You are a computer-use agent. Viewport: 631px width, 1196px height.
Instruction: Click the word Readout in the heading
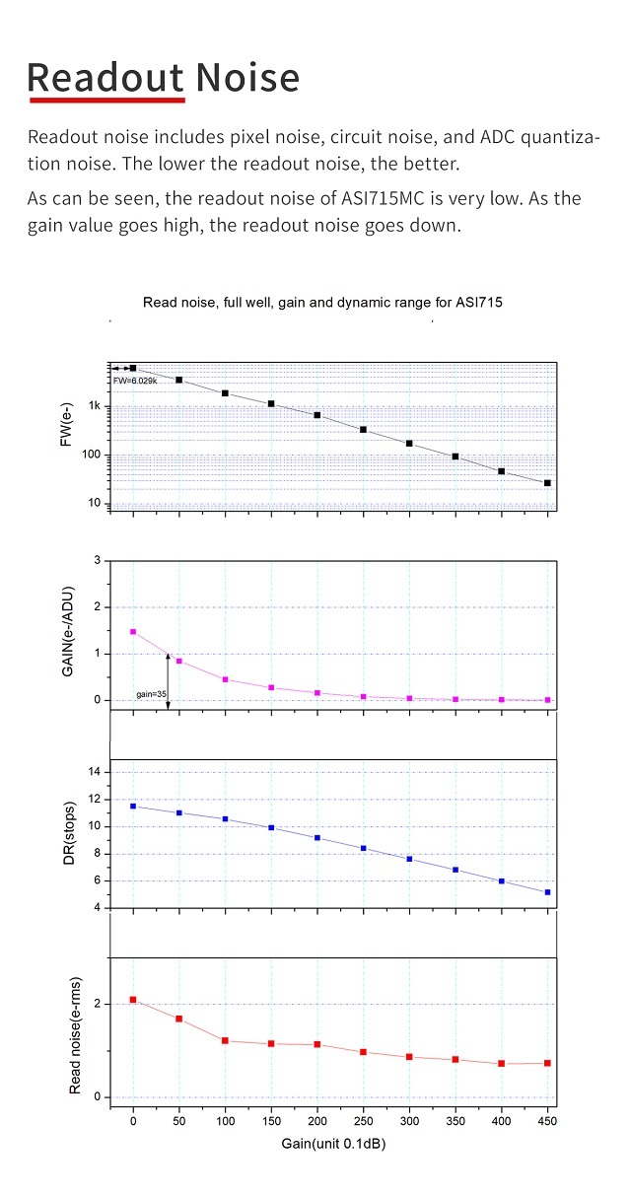point(105,76)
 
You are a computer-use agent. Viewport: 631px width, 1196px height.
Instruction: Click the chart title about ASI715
point(322,303)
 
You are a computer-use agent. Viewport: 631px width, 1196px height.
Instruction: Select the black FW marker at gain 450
point(547,483)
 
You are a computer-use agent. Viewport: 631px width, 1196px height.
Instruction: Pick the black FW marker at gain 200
point(317,415)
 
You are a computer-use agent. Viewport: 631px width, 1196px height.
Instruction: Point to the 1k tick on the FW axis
point(95,406)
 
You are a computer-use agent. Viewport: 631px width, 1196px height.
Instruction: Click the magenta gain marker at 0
point(133,632)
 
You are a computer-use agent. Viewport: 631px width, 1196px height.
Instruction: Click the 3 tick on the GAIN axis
point(98,560)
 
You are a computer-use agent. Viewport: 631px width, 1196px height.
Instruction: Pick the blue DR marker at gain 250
point(363,848)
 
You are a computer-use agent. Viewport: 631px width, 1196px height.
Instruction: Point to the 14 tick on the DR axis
point(95,772)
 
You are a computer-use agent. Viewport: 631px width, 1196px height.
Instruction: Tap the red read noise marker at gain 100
point(225,1040)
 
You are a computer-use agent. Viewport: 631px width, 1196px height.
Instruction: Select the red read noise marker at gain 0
point(133,1000)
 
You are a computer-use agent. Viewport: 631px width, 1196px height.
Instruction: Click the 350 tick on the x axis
point(455,1121)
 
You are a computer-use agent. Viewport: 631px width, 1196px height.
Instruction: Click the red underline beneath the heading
point(106,100)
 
